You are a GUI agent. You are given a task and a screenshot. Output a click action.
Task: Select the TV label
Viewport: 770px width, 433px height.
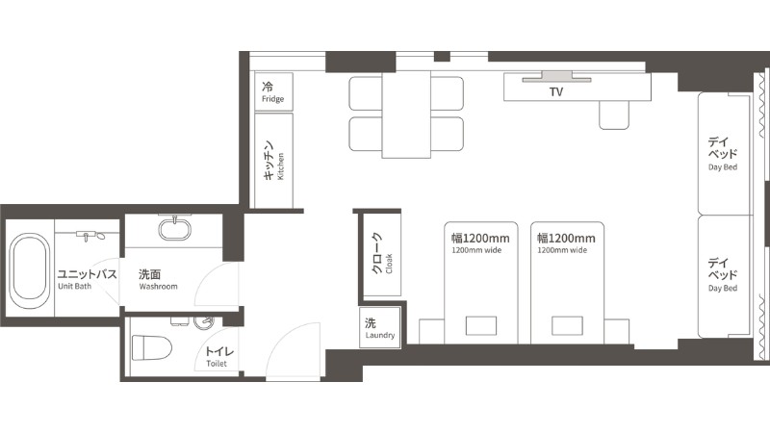[556, 91]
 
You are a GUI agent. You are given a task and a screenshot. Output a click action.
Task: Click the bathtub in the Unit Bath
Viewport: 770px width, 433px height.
[30, 271]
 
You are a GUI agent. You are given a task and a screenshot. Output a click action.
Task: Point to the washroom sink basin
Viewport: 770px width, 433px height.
[174, 229]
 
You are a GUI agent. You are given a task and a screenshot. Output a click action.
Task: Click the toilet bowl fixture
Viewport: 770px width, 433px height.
[152, 347]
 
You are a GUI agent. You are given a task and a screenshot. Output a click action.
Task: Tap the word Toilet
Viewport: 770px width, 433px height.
[217, 364]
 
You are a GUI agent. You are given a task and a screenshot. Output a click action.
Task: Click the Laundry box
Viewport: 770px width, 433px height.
[379, 327]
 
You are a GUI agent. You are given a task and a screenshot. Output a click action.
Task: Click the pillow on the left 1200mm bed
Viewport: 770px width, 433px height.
[480, 326]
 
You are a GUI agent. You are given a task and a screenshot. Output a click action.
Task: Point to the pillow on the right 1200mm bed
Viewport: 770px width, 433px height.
[567, 326]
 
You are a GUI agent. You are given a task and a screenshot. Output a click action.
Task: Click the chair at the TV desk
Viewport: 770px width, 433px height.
[614, 115]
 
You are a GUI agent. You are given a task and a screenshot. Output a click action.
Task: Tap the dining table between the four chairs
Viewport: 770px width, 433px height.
[406, 115]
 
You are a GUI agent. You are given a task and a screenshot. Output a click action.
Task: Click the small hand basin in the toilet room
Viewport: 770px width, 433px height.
[204, 322]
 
